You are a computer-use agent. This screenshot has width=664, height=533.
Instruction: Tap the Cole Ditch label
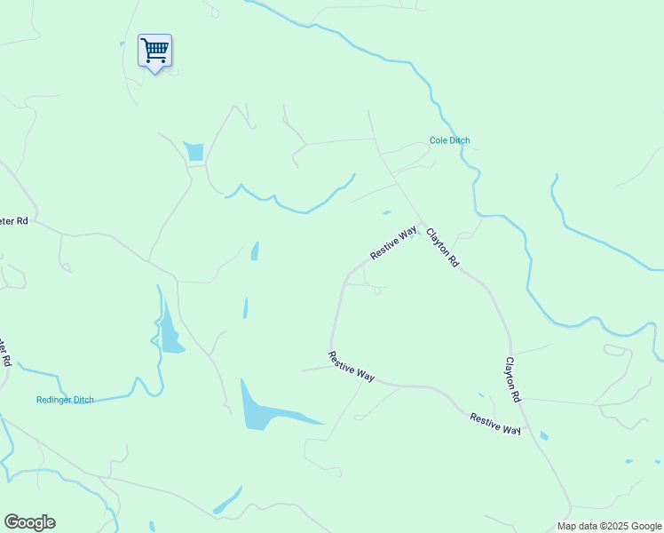click(x=449, y=140)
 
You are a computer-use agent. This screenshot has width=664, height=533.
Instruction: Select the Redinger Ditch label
click(x=65, y=400)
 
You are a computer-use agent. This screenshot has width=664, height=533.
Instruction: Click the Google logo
click(x=29, y=522)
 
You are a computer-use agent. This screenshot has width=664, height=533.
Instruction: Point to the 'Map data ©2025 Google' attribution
click(x=609, y=526)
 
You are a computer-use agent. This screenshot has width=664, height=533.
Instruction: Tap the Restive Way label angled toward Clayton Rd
click(x=393, y=242)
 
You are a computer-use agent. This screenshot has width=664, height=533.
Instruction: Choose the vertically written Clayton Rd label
click(x=512, y=380)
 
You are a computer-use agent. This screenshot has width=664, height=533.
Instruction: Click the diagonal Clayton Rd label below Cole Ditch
click(x=442, y=248)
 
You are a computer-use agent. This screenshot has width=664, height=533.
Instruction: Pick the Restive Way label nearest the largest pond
click(x=352, y=366)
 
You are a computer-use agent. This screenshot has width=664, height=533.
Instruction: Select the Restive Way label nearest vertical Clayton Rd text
click(x=495, y=424)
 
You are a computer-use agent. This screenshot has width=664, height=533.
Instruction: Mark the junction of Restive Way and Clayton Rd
click(x=421, y=223)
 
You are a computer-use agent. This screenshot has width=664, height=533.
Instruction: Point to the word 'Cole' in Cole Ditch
click(x=438, y=140)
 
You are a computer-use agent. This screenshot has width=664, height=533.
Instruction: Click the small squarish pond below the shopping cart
click(x=194, y=151)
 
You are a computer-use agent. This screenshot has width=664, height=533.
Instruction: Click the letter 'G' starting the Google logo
click(x=12, y=522)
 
